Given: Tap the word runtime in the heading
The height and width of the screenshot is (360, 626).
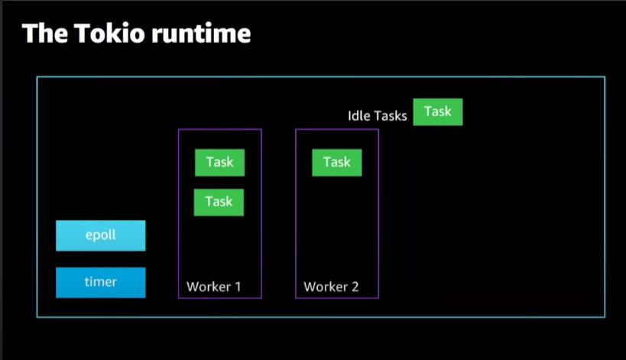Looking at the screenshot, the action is coord(201,33).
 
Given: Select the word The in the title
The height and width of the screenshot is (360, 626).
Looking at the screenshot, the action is coord(44,33).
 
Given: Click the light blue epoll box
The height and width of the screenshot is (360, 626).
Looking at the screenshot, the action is coord(101,235).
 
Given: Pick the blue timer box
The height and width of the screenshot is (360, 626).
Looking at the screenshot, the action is coord(101,283).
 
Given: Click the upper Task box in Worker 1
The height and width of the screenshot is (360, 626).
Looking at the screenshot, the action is coord(219,163).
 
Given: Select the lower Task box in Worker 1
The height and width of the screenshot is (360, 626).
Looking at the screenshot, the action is coord(219,203).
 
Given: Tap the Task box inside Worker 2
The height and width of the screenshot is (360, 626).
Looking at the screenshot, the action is coord(337,163).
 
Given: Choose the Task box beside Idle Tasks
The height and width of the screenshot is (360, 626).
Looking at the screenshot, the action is coord(438,112).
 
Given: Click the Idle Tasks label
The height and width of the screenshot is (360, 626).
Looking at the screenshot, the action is coord(378,115).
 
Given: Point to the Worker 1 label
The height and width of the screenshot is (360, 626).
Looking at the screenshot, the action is coord(213,287).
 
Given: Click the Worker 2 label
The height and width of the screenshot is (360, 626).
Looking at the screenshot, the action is coord(331,287).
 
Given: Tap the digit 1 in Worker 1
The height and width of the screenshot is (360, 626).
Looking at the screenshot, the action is coord(238,287).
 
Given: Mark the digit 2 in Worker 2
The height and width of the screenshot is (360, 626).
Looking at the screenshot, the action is coord(355,287).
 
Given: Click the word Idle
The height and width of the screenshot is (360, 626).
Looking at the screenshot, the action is coord(358,115).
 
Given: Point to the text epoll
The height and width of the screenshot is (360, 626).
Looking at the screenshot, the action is coord(101,235).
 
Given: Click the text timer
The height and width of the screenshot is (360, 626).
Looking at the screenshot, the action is coord(101,282).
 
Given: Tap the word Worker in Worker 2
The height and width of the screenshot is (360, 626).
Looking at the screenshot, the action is coord(326,287).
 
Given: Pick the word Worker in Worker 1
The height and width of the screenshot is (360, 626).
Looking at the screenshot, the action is coord(209,287).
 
